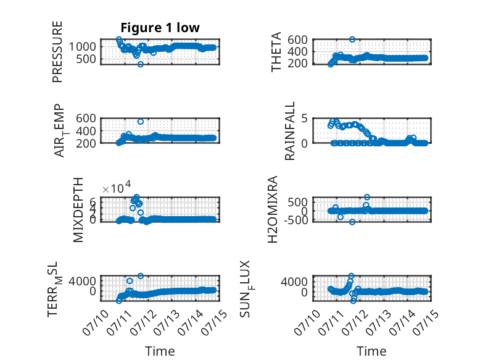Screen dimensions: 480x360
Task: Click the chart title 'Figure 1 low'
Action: point(160,28)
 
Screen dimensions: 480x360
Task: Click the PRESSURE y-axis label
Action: point(57,52)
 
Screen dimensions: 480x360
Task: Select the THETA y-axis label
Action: point(276,52)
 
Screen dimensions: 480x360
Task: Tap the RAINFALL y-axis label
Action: point(289,131)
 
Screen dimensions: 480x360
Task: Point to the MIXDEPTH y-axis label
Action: point(78,210)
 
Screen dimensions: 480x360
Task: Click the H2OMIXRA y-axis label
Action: point(273,209)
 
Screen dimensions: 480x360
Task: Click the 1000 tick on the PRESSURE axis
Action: point(82,47)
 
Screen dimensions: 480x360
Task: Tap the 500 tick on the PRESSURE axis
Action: point(86,59)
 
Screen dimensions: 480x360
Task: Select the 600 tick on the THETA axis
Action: point(297,40)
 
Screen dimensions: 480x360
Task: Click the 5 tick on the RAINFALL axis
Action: point(304,119)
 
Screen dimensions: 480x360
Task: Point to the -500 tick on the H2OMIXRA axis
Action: point(296,220)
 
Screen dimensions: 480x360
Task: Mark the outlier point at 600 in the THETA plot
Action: point(352,40)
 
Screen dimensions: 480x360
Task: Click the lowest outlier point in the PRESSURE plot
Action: point(141,64)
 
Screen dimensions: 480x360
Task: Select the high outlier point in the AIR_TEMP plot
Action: point(141,122)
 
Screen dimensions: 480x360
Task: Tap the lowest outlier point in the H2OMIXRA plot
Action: point(352,222)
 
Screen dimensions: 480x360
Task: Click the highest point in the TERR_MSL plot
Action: point(141,276)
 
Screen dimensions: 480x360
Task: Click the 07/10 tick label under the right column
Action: point(307,322)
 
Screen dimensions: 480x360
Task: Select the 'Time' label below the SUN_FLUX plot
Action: point(371,351)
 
